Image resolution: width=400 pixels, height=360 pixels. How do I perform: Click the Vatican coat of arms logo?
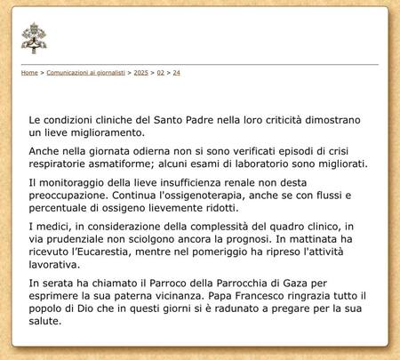(34, 38)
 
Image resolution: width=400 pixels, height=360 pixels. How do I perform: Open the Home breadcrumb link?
(29, 72)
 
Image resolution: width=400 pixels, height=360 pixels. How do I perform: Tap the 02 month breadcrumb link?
(161, 72)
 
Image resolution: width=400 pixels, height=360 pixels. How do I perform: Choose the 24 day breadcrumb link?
(176, 72)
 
